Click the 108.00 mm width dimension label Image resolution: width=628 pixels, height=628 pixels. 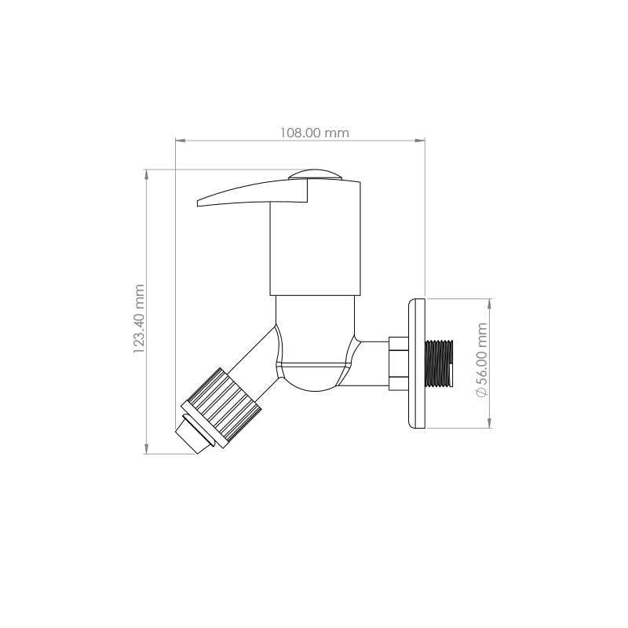315,133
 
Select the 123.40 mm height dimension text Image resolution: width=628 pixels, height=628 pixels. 139,319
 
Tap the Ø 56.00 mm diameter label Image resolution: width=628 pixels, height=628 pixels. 482,360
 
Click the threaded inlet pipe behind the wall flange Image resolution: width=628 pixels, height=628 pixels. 440,363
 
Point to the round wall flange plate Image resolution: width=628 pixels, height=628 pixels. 417,363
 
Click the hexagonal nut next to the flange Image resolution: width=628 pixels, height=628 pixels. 399,363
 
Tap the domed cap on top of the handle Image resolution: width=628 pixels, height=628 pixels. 316,174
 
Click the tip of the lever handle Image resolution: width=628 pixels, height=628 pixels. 198,203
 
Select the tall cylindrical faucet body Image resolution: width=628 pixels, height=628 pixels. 316,239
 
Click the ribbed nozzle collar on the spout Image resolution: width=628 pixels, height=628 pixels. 221,407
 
